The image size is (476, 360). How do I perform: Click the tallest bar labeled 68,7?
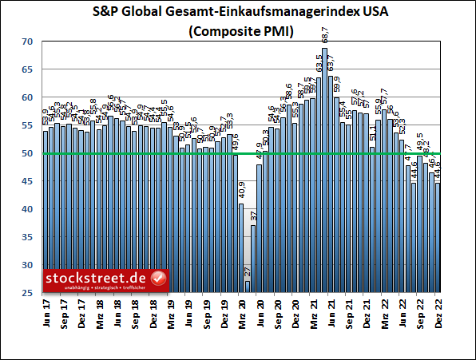(324, 171)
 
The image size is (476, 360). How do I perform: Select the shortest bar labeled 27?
(248, 287)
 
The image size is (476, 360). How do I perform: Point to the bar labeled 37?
(253, 259)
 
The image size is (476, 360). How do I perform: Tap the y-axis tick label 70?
(28, 42)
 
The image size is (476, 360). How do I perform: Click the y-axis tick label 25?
(28, 292)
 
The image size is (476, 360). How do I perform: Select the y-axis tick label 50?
(28, 153)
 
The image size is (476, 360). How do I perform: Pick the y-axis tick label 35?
(28, 237)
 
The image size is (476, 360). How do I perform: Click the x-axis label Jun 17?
(46, 312)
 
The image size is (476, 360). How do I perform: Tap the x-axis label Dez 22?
(438, 312)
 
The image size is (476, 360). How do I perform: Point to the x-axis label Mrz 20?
(242, 312)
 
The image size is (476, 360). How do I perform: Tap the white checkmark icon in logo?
(158, 279)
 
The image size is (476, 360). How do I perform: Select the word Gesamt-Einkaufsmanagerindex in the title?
(250, 13)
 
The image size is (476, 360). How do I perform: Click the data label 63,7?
(331, 62)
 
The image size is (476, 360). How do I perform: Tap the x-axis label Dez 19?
(224, 312)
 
